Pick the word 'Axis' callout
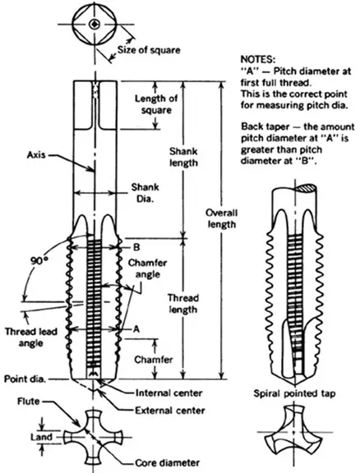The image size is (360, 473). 37,153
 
